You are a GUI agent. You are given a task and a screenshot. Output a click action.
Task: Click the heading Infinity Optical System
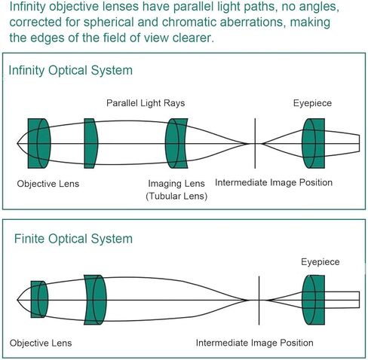click(71, 70)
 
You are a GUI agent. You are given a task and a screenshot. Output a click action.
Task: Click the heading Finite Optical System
click(73, 239)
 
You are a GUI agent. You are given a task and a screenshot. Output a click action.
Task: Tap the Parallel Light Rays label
click(146, 103)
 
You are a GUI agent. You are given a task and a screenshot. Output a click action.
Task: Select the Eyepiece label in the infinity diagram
click(312, 103)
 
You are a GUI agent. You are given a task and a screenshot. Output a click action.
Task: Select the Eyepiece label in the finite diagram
click(320, 262)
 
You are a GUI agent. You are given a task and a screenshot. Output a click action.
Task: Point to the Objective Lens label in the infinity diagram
click(48, 184)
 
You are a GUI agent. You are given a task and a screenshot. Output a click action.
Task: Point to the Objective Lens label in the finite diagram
click(41, 343)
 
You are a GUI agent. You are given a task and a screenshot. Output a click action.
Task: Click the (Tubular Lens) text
click(176, 196)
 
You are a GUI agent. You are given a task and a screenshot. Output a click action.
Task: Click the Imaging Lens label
click(176, 184)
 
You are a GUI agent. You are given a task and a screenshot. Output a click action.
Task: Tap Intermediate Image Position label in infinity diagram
click(274, 182)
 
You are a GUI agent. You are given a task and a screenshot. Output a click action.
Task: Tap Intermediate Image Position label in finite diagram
click(254, 343)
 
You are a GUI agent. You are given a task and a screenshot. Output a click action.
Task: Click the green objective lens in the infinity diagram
click(39, 143)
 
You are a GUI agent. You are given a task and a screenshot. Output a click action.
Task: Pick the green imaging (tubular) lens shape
click(176, 143)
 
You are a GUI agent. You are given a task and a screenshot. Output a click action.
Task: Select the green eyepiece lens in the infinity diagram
click(313, 143)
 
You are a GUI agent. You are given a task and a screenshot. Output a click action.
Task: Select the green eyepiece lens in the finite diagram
click(313, 300)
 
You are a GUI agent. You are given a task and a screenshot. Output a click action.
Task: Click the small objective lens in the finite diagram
click(39, 300)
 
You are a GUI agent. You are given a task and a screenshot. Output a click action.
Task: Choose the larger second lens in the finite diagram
click(95, 300)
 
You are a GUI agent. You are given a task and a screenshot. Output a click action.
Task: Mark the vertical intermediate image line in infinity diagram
click(255, 143)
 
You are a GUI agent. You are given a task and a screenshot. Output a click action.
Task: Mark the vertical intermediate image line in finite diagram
click(259, 301)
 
